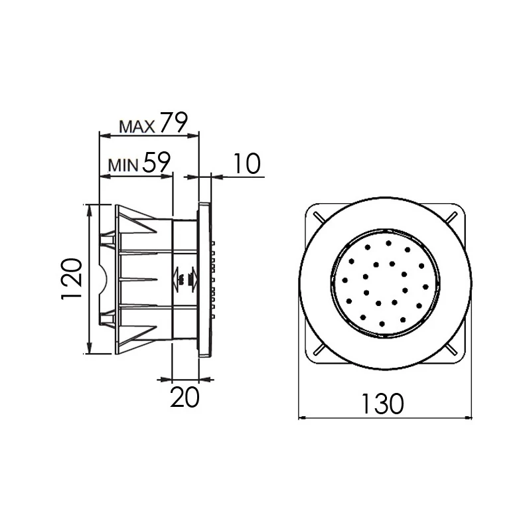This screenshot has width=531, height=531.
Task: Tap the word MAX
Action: click(x=137, y=125)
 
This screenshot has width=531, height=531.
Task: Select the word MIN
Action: click(x=123, y=165)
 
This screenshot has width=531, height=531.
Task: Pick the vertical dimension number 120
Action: click(x=72, y=279)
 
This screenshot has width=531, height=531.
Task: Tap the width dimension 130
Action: click(x=384, y=403)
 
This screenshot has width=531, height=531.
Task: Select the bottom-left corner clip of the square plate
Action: click(x=318, y=350)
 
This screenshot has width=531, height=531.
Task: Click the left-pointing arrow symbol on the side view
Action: click(x=178, y=279)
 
